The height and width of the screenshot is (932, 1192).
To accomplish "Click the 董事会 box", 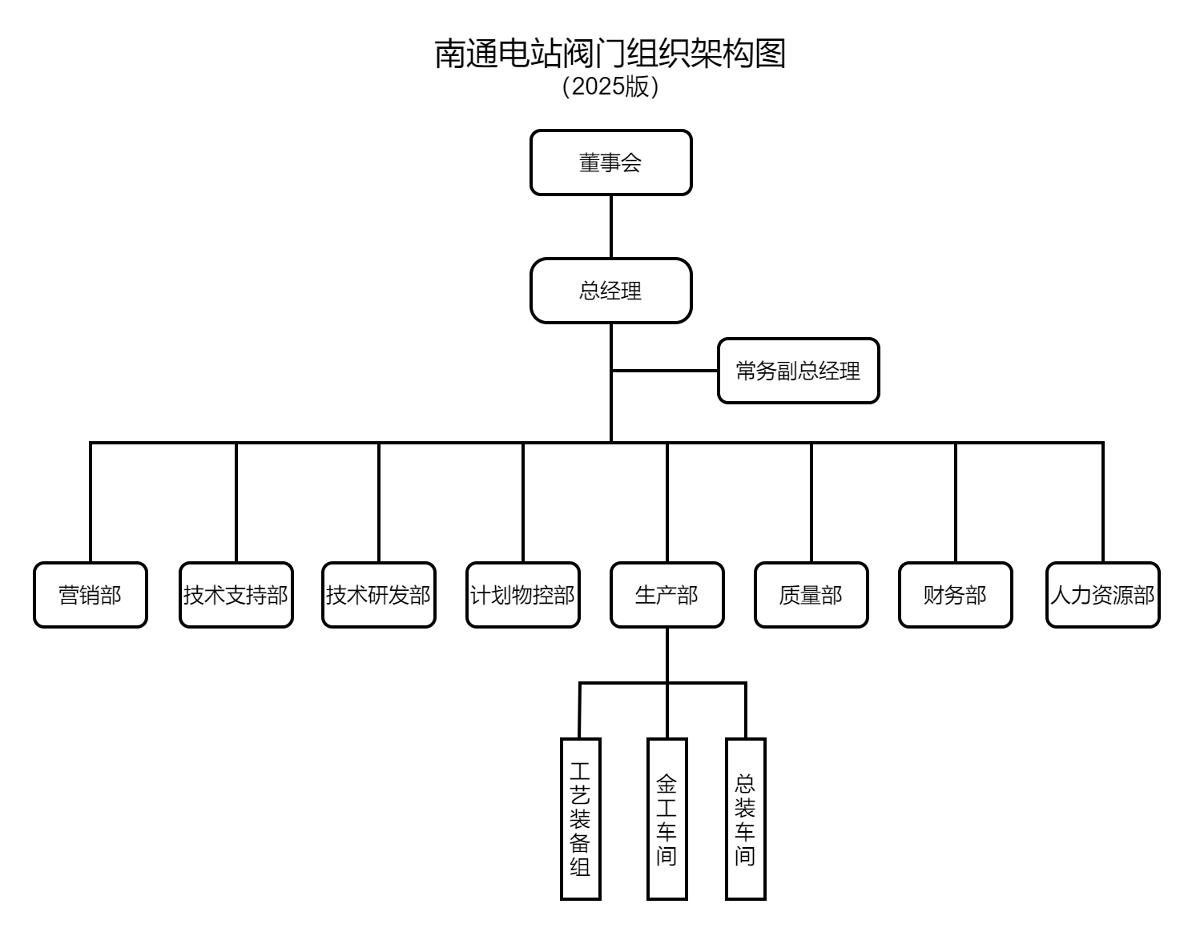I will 610,163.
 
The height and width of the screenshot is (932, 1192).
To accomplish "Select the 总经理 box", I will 610,291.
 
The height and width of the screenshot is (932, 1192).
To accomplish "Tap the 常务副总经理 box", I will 798,371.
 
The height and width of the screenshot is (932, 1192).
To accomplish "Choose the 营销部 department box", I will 91,595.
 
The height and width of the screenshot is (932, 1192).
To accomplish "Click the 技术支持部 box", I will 236,595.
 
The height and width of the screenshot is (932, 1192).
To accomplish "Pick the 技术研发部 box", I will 379,595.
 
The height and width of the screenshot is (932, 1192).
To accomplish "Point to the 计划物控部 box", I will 523,595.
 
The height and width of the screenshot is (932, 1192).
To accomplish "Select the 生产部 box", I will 667,595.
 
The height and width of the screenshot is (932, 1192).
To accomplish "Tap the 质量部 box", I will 811,595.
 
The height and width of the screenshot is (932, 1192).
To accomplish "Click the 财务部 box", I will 956,595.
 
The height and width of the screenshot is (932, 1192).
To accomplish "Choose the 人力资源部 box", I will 1103,595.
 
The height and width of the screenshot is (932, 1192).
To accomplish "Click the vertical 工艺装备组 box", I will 580,818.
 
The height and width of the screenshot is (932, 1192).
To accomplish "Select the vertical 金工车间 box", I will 666,818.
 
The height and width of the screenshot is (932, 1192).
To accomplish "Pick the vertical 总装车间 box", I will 745,818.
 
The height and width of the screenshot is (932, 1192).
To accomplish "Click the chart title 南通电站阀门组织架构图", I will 610,53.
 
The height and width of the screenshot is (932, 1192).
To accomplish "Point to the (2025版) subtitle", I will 610,86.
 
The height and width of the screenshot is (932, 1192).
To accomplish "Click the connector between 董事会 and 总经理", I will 611,227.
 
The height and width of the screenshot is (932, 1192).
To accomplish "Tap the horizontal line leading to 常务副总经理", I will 665,371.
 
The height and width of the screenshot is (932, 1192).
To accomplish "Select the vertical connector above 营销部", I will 91,502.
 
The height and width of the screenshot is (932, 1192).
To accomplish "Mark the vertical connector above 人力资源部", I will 1103,502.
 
